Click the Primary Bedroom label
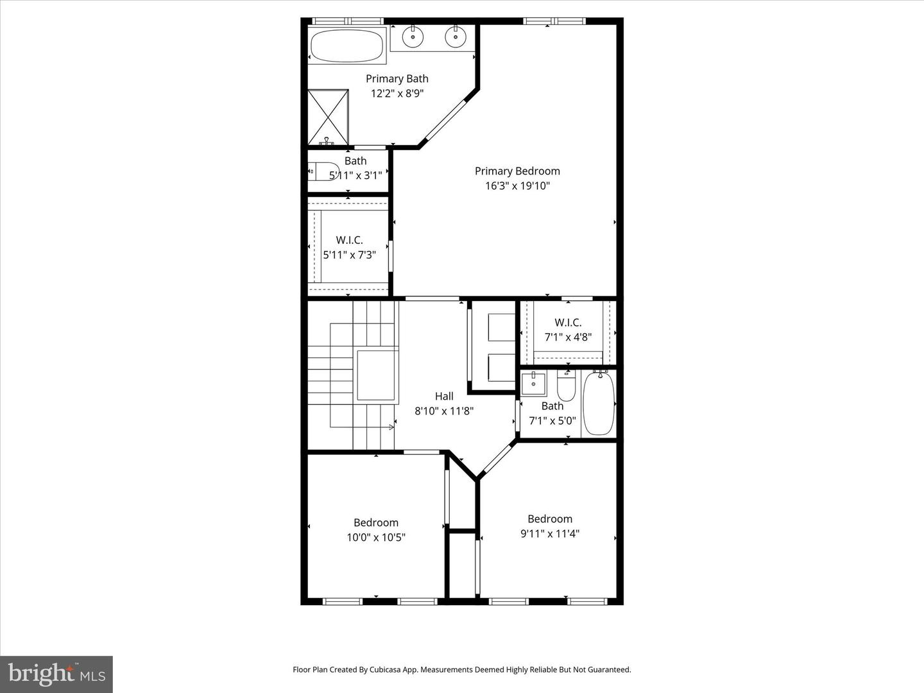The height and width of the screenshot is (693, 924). click(x=517, y=171)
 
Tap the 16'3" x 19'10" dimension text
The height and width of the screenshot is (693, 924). click(x=517, y=186)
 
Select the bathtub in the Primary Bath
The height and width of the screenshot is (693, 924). click(x=346, y=46)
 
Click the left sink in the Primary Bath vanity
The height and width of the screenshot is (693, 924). click(x=413, y=37)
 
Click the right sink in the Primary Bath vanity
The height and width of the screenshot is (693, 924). click(x=456, y=37)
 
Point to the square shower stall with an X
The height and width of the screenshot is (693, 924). click(x=328, y=117)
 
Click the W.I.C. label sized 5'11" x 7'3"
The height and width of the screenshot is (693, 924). click(x=349, y=240)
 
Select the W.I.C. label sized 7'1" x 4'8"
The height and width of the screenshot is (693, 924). click(x=568, y=322)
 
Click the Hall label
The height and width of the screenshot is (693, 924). click(x=444, y=396)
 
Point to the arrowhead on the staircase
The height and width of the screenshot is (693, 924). click(x=391, y=427)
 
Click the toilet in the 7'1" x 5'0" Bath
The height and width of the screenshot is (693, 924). click(x=566, y=387)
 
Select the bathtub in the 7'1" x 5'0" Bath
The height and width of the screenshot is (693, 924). click(x=599, y=404)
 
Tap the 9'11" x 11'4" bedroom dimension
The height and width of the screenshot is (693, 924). click(x=550, y=533)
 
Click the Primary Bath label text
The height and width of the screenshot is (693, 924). click(x=397, y=78)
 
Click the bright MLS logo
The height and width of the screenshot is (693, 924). click(x=56, y=674)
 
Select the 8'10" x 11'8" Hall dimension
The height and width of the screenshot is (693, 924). click(x=444, y=411)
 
